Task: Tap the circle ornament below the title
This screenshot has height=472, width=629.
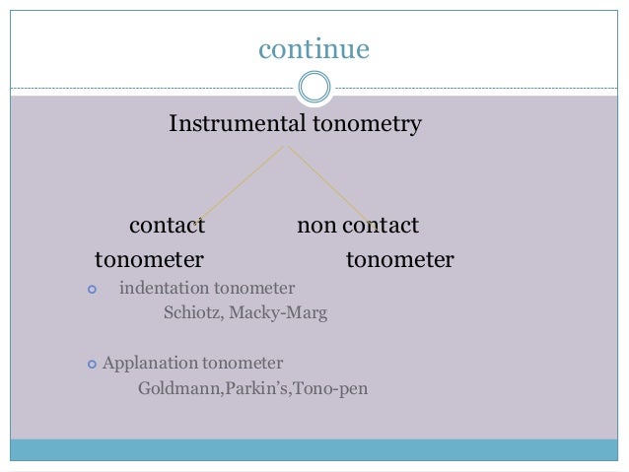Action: (x=314, y=88)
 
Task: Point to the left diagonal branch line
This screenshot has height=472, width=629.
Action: (x=242, y=183)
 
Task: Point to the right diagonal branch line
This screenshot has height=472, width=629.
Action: (x=327, y=183)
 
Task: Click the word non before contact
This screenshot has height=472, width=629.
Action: (x=316, y=226)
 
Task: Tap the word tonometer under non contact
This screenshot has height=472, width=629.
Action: (x=399, y=260)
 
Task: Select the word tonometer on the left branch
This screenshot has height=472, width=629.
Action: (x=149, y=260)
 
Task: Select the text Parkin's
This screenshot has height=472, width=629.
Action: (x=253, y=388)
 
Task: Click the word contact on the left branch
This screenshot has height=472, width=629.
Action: (x=168, y=226)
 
